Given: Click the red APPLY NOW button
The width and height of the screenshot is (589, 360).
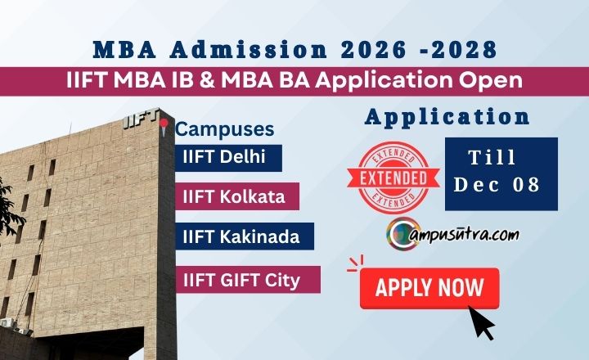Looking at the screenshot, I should [x=429, y=289].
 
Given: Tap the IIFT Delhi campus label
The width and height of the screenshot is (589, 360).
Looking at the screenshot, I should [x=228, y=157].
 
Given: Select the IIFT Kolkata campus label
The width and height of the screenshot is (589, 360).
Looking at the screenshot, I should [x=236, y=196].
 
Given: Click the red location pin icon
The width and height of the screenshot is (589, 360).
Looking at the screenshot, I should [x=164, y=125].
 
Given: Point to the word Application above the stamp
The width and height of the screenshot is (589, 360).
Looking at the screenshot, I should [x=447, y=117].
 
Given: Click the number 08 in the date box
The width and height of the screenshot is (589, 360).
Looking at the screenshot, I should [x=527, y=185].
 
